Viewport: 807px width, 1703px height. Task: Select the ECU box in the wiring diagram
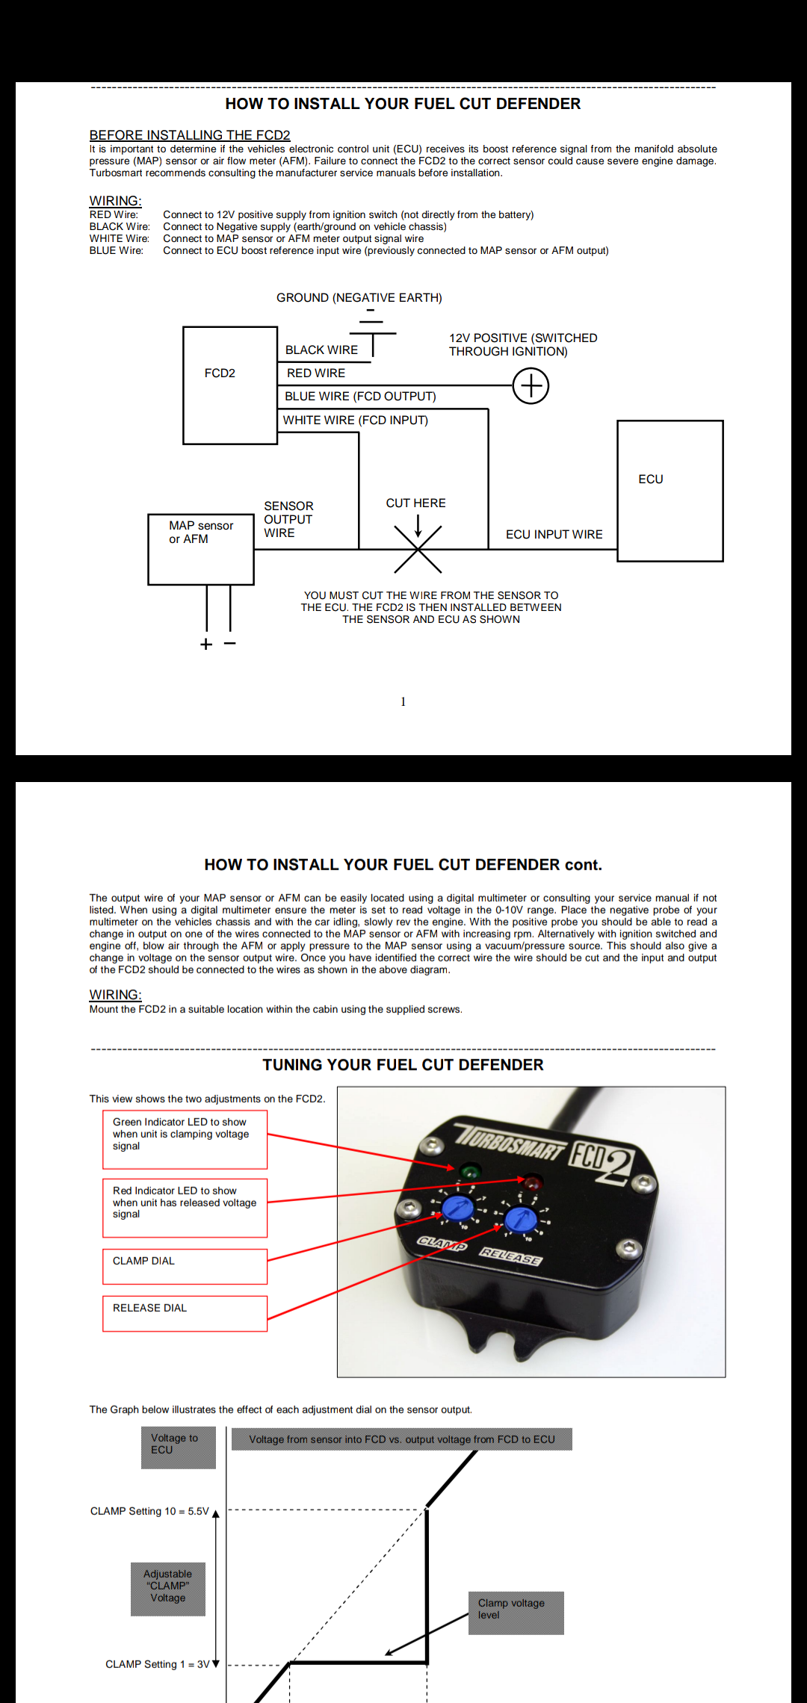pos(670,490)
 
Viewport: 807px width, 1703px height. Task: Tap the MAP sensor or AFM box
pos(201,548)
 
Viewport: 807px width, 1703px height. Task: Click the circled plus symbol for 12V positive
pos(531,386)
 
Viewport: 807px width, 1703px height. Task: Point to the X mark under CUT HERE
pos(418,549)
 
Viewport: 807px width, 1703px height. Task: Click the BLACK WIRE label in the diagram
pos(321,350)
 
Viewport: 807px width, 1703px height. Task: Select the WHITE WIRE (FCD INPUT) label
pos(355,420)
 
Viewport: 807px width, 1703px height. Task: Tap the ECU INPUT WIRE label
pos(554,534)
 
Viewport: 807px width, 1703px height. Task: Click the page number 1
pos(403,701)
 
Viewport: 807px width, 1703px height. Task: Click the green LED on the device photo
pos(470,1170)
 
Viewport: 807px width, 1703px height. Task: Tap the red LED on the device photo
pos(532,1182)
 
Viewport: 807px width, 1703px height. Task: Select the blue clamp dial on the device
pos(457,1207)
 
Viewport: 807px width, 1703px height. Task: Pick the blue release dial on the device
pos(520,1220)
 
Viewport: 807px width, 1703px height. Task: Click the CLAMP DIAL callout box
pos(185,1266)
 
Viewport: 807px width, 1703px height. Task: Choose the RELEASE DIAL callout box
pos(185,1313)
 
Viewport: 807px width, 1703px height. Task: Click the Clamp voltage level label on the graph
pos(516,1613)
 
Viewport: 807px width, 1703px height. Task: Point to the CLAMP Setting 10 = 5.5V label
pos(149,1511)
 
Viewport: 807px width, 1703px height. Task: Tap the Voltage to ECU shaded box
pos(179,1447)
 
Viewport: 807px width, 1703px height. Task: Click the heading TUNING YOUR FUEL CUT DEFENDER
pos(403,1064)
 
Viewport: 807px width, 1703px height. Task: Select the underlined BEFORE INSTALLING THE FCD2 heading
pos(190,134)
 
